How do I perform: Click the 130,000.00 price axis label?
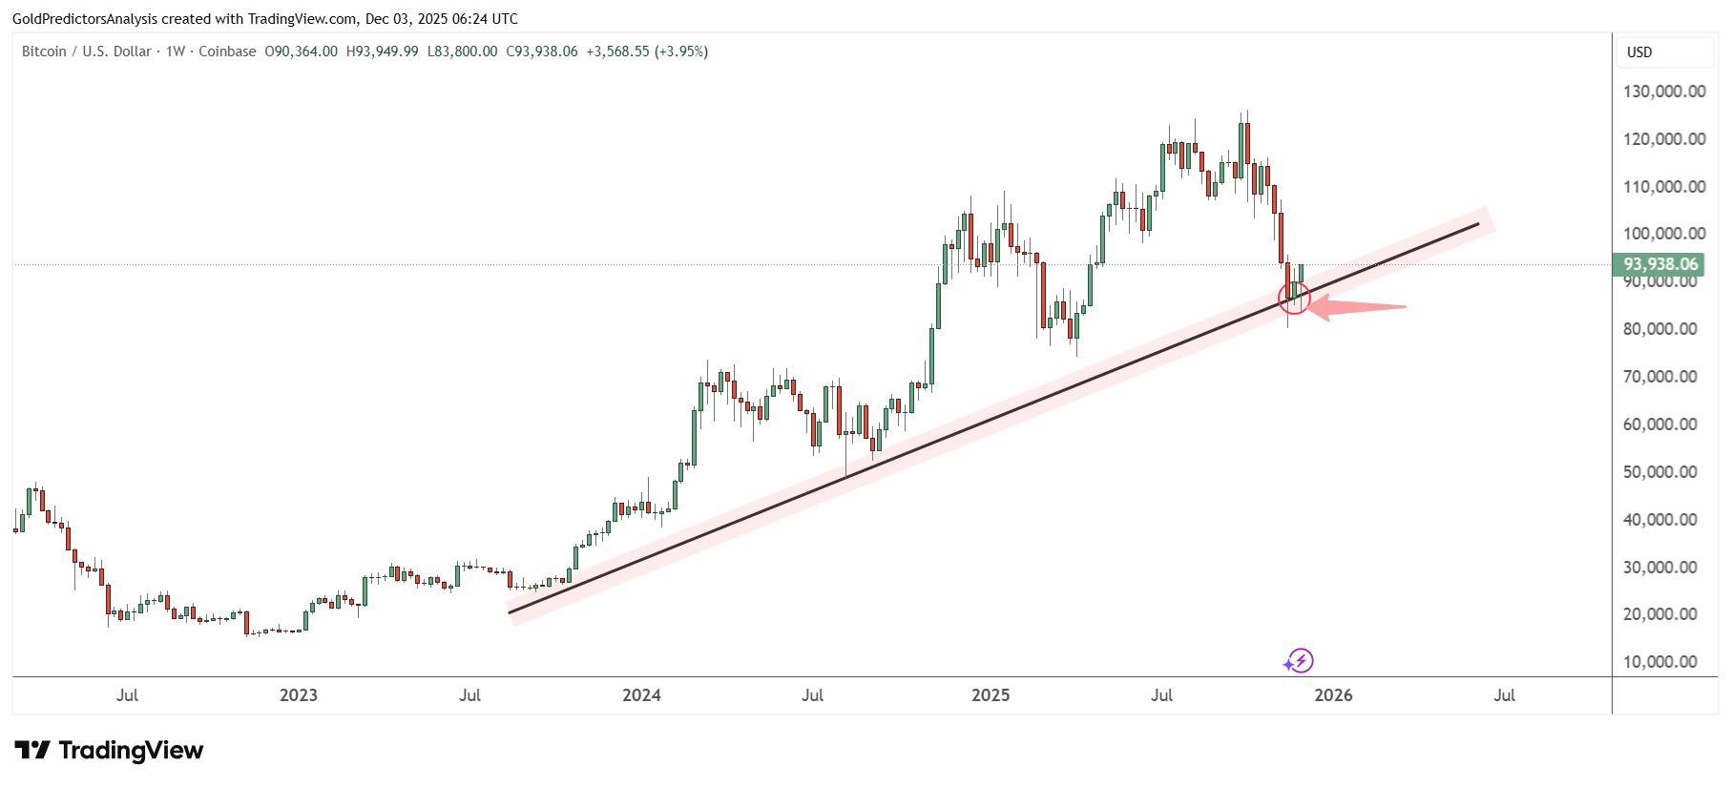pyautogui.click(x=1664, y=92)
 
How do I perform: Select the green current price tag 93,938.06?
pyautogui.click(x=1660, y=264)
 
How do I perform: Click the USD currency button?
pyautogui.click(x=1639, y=52)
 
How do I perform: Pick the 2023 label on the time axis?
pyautogui.click(x=298, y=695)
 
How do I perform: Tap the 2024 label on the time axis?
pyautogui.click(x=641, y=695)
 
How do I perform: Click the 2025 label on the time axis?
pyautogui.click(x=991, y=695)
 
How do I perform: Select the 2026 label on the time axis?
pyautogui.click(x=1333, y=695)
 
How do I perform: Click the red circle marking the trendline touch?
pyautogui.click(x=1294, y=299)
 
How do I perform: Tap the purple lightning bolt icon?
pyautogui.click(x=1300, y=660)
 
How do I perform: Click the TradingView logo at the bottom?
pyautogui.click(x=109, y=751)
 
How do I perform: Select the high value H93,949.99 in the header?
pyautogui.click(x=382, y=52)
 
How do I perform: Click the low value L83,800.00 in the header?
pyautogui.click(x=462, y=52)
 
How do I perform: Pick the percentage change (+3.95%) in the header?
pyautogui.click(x=680, y=52)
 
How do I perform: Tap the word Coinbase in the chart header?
pyautogui.click(x=227, y=52)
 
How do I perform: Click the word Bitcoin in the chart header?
pyautogui.click(x=44, y=52)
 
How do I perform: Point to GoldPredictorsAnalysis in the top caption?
pyautogui.click(x=85, y=19)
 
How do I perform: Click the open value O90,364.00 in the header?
pyautogui.click(x=301, y=52)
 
